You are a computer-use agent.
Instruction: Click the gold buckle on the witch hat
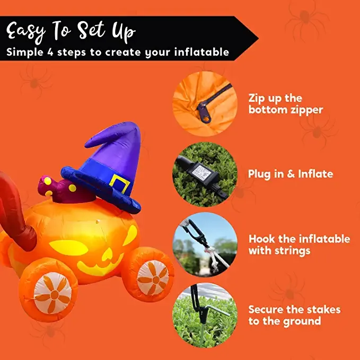(120, 183)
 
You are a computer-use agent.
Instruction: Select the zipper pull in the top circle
(204, 113)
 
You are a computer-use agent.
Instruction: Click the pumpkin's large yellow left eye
(68, 248)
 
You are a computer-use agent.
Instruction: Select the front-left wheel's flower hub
(53, 293)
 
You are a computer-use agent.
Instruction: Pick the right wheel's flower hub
(153, 278)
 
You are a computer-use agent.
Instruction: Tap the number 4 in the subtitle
(50, 52)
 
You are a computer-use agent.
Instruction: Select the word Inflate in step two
(315, 174)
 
